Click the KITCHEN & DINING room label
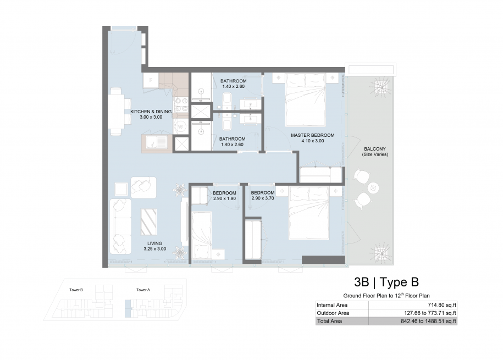click(x=151, y=112)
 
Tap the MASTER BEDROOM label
click(x=312, y=135)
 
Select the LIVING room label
click(x=154, y=243)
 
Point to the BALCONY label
click(x=375, y=149)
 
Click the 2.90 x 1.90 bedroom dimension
click(x=224, y=198)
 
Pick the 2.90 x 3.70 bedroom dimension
click(x=263, y=198)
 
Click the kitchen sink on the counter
click(x=156, y=142)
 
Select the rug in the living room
click(x=148, y=221)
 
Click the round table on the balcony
click(x=374, y=188)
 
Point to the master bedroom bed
click(x=306, y=100)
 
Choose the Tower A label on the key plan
click(x=143, y=290)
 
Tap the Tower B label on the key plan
click(x=76, y=290)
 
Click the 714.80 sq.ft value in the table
click(x=442, y=305)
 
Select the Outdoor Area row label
click(x=333, y=313)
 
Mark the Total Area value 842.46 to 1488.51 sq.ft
click(x=428, y=321)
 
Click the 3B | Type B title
click(x=386, y=282)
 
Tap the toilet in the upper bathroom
click(x=227, y=98)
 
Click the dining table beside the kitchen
click(x=116, y=112)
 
